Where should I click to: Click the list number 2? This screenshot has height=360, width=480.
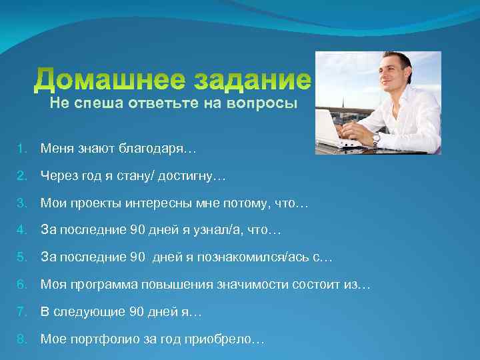coord(21,176)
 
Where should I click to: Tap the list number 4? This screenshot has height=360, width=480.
coord(21,231)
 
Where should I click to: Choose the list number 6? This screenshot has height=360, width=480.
coord(21,285)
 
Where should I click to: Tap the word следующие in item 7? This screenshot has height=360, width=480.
coord(85,312)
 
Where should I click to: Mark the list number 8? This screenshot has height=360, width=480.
coord(21,339)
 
